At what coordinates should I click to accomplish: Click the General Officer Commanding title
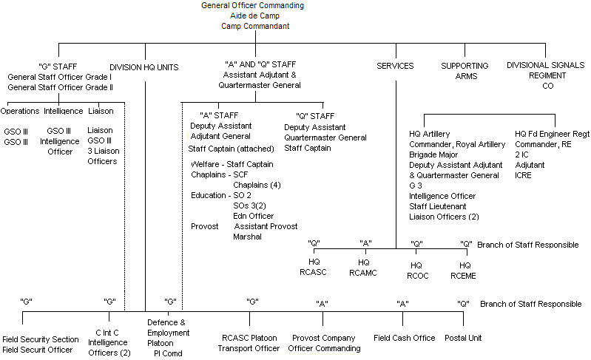252,6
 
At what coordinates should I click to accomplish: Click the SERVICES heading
395,67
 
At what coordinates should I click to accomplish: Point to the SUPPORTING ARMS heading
465,70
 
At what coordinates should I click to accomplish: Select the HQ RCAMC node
363,268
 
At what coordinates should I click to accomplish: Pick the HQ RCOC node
416,270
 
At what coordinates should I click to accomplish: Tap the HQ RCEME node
464,270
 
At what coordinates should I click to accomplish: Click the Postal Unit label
463,338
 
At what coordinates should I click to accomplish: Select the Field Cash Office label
403,338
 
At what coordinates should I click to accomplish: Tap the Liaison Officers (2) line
444,217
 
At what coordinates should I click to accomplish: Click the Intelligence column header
63,112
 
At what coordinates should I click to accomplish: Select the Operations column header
19,112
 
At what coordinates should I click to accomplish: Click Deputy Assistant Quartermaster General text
325,132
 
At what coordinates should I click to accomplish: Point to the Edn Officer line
254,215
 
